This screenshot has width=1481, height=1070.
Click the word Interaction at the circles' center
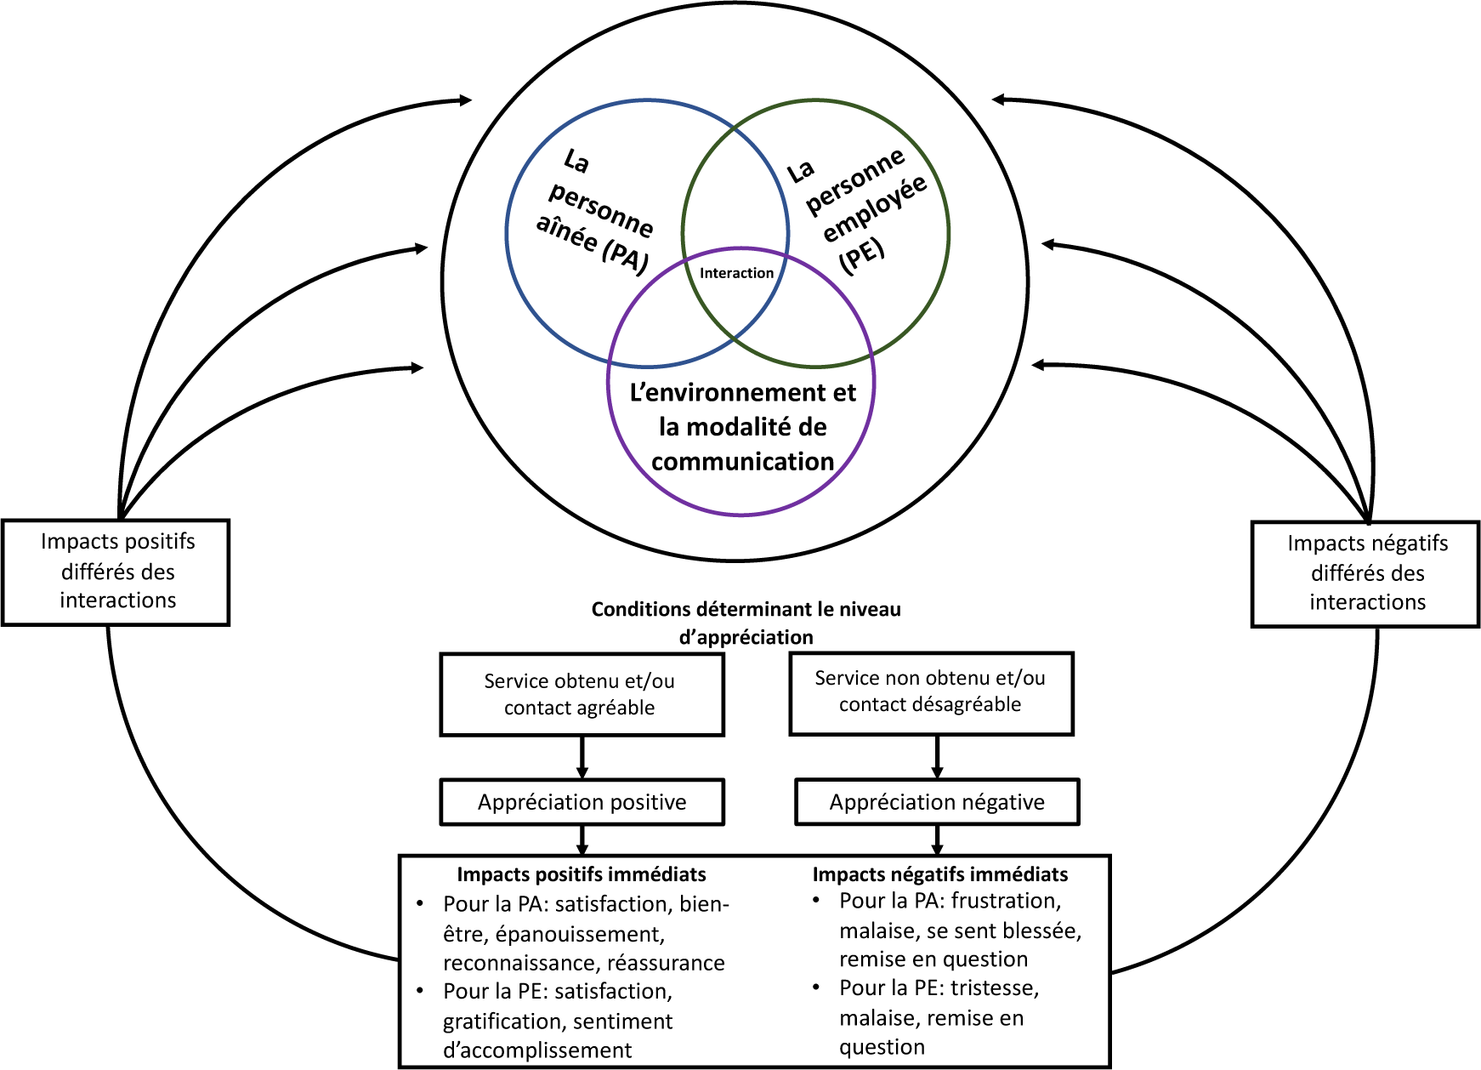pyautogui.click(x=736, y=273)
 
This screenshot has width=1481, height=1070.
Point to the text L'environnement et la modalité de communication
pyautogui.click(x=742, y=427)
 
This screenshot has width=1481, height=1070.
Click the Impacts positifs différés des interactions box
pyautogui.click(x=116, y=572)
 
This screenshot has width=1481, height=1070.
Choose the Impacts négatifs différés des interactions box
pyautogui.click(x=1366, y=573)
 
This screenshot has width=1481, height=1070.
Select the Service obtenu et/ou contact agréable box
pyautogui.click(x=582, y=694)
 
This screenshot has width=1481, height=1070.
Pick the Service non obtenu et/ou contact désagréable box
pyautogui.click(x=931, y=692)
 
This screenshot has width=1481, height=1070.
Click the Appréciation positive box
pyautogui.click(x=582, y=802)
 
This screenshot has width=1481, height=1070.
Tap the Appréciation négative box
pyautogui.click(x=937, y=802)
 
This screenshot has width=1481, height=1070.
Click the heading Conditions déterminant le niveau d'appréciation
pyautogui.click(x=746, y=623)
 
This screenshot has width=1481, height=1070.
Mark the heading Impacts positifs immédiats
pyautogui.click(x=582, y=874)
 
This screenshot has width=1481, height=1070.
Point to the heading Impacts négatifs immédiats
pyautogui.click(x=939, y=874)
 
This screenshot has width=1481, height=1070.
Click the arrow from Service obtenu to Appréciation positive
pyautogui.click(x=582, y=757)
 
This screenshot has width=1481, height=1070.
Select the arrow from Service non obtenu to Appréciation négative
pyautogui.click(x=937, y=757)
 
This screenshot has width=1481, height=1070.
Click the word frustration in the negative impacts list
pyautogui.click(x=1006, y=901)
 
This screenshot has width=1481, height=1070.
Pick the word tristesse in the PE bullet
pyautogui.click(x=994, y=988)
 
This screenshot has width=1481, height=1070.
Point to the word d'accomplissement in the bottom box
pyautogui.click(x=537, y=1050)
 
